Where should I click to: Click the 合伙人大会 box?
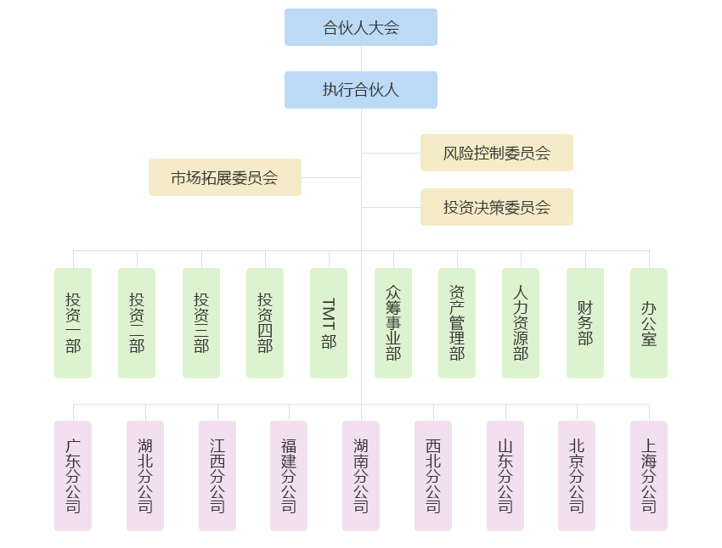(x=360, y=27)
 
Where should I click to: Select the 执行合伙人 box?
(x=360, y=90)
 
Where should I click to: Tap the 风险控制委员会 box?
(x=496, y=153)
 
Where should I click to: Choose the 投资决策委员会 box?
(x=496, y=207)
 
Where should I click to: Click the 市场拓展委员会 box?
(x=224, y=177)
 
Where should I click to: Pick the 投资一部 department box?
(x=73, y=323)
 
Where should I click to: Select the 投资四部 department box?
(x=265, y=323)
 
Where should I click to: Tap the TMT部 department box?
(x=329, y=323)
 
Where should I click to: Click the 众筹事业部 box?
(x=393, y=323)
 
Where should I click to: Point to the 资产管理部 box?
(x=457, y=323)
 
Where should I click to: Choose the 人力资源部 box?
(x=521, y=323)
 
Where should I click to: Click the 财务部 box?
(x=585, y=323)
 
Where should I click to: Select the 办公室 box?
(x=649, y=323)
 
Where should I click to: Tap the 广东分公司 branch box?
(x=73, y=476)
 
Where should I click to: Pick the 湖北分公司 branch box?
(x=145, y=476)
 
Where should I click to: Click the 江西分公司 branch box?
(x=217, y=476)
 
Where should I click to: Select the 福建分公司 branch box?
(x=289, y=476)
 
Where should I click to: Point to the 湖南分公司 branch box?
(x=361, y=476)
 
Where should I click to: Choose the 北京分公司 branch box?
(x=577, y=476)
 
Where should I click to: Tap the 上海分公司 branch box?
(x=649, y=476)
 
